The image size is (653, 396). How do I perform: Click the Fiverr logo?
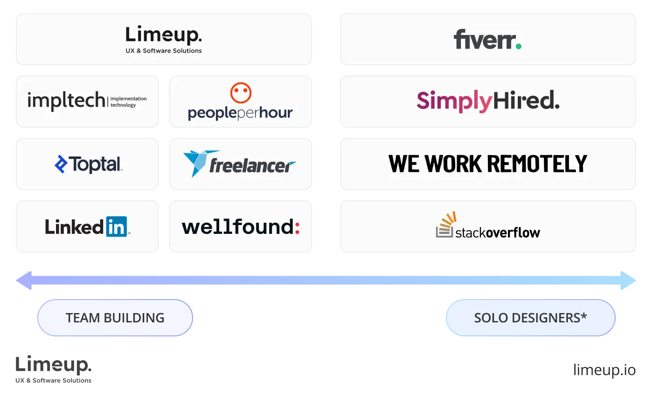click(487, 40)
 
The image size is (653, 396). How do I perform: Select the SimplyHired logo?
click(488, 101)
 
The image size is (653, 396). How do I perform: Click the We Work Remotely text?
click(488, 164)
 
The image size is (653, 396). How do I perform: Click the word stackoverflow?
click(497, 232)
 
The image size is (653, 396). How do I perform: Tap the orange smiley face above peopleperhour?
click(241, 93)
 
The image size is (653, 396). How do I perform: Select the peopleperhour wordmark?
click(240, 113)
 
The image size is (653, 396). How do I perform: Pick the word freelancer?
click(252, 166)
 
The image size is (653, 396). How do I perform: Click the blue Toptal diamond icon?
click(61, 164)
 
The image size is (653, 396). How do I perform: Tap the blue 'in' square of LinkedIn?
click(116, 226)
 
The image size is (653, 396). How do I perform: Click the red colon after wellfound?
click(297, 227)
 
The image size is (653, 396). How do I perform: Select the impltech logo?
click(87, 101)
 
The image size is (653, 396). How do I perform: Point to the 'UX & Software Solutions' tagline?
click(164, 51)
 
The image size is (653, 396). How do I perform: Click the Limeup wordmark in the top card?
click(164, 35)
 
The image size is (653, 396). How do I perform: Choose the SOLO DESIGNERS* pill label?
click(530, 318)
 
